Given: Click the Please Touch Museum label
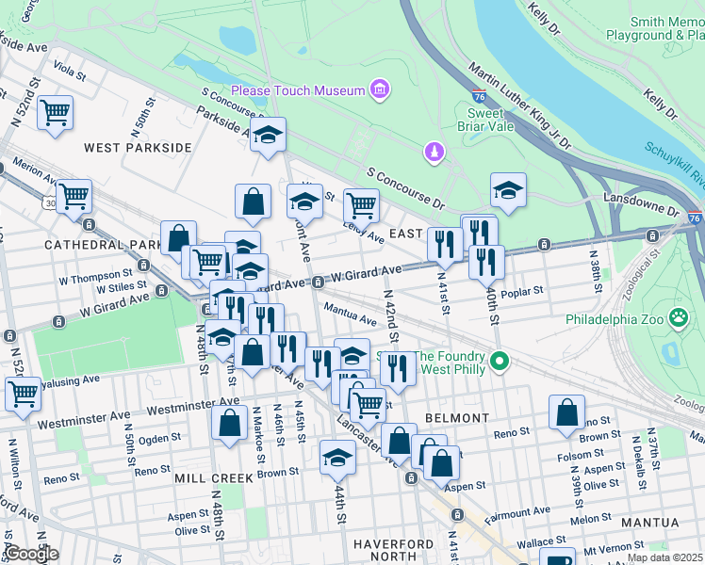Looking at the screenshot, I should point(297,90).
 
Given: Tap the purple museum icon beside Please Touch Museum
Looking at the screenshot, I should point(380,90).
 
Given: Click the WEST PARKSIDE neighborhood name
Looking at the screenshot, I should point(138,148).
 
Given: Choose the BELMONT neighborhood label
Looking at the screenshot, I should point(457,417).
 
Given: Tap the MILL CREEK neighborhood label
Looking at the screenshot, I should point(214,478).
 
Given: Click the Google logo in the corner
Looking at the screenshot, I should point(30,554).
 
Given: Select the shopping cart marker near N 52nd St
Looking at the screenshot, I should point(56,113).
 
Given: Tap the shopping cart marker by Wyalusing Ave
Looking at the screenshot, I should point(23,393).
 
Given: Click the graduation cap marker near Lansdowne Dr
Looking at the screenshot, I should point(508,190).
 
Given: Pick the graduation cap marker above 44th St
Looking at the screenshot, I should point(337,458).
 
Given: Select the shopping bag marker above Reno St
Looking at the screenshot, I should point(566,412).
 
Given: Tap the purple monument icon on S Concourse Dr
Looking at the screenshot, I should point(434,152).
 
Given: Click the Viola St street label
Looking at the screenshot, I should point(70,68).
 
